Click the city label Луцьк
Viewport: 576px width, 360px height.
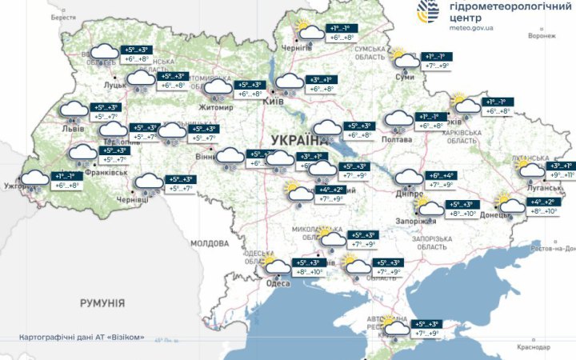pyautogui.click(x=114, y=83)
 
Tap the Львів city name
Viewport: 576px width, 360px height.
pyautogui.click(x=72, y=128)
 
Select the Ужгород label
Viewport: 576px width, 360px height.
pyautogui.click(x=16, y=186)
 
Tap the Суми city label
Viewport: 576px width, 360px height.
pyautogui.click(x=404, y=77)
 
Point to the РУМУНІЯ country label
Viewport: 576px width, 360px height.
pyautogui.click(x=102, y=303)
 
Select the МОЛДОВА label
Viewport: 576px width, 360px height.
pyautogui.click(x=210, y=243)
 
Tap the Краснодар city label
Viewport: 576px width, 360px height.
pyautogui.click(x=533, y=348)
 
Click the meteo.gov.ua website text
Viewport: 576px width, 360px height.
pyautogui.click(x=472, y=27)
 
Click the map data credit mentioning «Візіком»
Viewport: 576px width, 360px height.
pyautogui.click(x=82, y=338)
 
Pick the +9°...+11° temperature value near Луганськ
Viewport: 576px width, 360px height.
pyautogui.click(x=558, y=174)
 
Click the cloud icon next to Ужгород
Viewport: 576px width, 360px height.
pyautogui.click(x=34, y=180)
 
